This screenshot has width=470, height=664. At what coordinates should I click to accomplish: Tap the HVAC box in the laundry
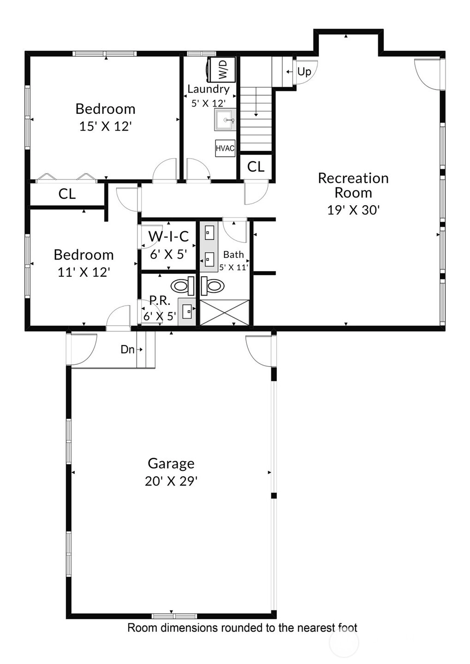point(225,148)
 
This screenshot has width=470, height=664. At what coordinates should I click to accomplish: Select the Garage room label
point(171,463)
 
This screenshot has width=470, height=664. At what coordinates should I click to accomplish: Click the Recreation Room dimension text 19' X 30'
point(353,210)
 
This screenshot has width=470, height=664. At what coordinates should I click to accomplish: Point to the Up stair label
point(304,71)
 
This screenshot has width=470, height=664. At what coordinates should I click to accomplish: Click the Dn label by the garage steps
point(127,350)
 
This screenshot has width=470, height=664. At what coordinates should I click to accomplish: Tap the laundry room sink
point(226,119)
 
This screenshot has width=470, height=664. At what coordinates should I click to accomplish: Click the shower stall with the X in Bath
point(225,312)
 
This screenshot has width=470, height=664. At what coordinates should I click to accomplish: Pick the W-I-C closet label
point(168,237)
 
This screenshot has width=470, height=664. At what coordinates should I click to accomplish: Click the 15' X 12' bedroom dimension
point(105,126)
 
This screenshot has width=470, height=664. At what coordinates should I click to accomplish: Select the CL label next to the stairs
point(256,167)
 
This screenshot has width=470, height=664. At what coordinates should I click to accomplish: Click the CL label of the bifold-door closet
point(67,194)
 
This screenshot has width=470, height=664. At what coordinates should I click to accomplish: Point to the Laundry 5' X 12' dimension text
point(209,103)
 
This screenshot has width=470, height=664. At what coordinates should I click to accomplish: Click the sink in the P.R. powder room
point(187,312)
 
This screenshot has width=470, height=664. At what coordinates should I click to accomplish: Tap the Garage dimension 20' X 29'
point(171,481)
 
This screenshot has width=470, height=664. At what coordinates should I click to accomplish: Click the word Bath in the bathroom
point(233,255)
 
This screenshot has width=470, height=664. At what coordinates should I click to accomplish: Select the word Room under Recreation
point(353,193)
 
